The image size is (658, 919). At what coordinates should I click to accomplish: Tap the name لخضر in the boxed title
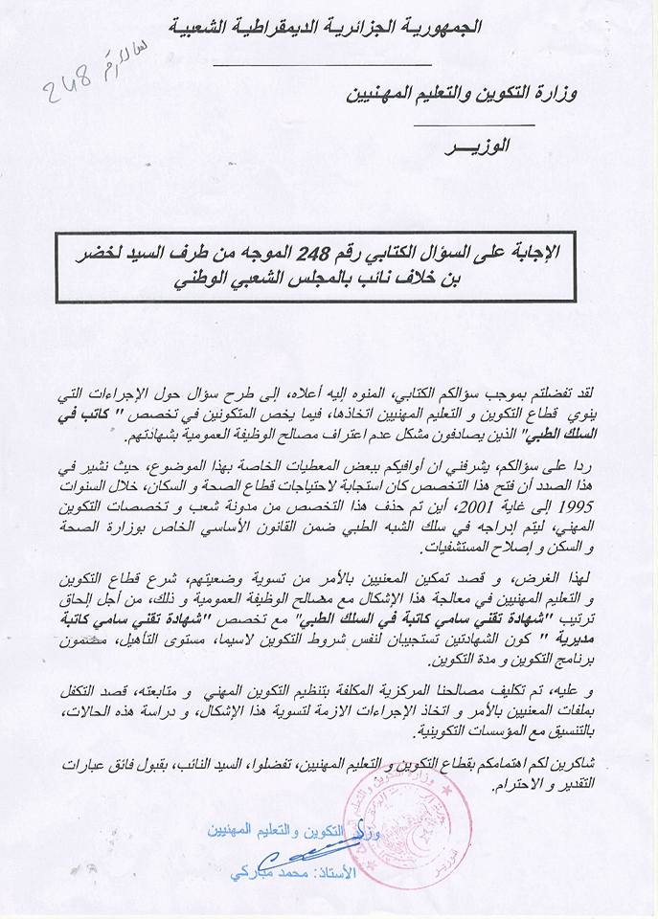coord(104,255)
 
